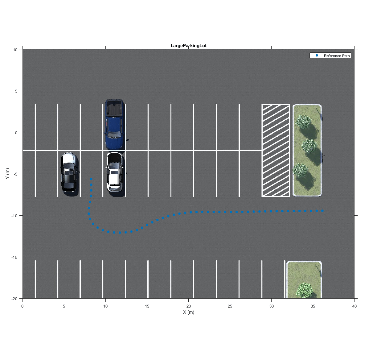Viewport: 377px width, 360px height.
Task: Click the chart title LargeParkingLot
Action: pos(189,46)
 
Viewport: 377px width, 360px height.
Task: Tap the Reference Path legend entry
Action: pos(330,56)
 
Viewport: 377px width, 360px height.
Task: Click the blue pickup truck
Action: pos(114,124)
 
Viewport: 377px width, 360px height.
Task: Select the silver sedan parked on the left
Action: pos(69,172)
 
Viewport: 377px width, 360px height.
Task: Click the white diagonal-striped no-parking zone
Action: pos(276,151)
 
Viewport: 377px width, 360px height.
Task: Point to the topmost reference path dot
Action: pos(91,179)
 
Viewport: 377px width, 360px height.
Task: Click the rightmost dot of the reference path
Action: pos(322,211)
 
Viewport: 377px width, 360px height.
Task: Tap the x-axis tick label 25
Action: pos(230,306)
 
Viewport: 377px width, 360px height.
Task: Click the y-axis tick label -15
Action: pos(14,257)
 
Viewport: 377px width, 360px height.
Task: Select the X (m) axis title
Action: pos(189,312)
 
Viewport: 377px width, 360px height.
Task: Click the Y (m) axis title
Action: pos(7,173)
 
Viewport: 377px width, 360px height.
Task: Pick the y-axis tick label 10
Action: pos(15,50)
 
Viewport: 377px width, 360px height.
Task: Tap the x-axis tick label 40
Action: pos(354,306)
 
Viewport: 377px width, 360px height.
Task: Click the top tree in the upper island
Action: pos(303,121)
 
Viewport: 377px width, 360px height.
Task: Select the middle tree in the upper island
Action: pos(309,146)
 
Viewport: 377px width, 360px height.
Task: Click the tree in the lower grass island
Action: pos(304,290)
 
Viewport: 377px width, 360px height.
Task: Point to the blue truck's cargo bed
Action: pos(114,108)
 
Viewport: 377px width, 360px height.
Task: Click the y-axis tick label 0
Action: pos(16,133)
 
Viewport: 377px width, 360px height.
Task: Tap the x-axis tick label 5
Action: pos(64,306)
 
